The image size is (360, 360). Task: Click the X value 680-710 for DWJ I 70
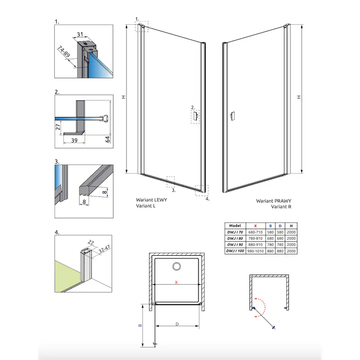[255, 232]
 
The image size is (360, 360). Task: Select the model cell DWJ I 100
[235, 251]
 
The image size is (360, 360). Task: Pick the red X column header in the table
[255, 226]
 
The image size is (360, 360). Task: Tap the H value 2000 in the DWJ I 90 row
[291, 245]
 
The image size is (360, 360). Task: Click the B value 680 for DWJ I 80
[270, 239]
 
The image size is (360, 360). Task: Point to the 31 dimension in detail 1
[80, 34]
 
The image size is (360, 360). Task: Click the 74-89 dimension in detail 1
[63, 52]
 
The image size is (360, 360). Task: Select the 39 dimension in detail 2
[74, 140]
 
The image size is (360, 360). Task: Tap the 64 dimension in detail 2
[108, 139]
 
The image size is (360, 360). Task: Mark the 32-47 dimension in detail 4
[104, 249]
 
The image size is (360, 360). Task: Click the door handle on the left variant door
[196, 116]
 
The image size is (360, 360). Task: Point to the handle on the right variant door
[233, 116]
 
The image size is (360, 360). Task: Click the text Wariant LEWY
[152, 200]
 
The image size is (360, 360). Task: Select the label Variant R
[281, 207]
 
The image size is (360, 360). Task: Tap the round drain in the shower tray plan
[177, 267]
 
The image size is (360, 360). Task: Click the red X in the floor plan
[177, 282]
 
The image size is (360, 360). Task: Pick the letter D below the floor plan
[177, 324]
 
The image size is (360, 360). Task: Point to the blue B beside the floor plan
[140, 325]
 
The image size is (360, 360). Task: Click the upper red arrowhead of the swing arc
[256, 299]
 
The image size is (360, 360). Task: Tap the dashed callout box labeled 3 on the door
[170, 182]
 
